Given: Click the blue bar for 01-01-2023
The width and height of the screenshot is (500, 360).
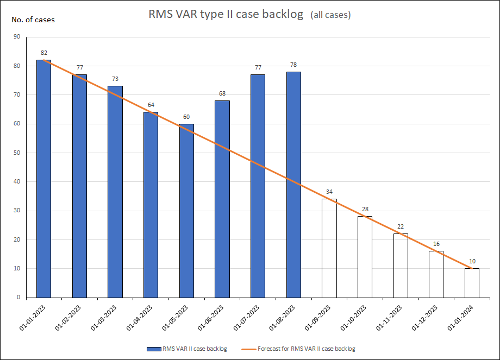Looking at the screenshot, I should point(43,179).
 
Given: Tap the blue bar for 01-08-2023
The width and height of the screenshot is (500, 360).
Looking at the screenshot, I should point(293,185).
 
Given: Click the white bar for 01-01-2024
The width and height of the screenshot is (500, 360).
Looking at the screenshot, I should point(472,283).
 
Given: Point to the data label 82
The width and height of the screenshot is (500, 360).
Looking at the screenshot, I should point(43,53).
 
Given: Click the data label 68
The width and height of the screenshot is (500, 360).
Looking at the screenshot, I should point(222,94).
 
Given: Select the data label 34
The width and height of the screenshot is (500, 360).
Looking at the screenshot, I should point(329,192).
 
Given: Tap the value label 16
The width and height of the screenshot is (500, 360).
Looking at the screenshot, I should point(436,244).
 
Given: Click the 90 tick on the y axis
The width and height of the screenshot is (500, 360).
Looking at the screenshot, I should point(17,37).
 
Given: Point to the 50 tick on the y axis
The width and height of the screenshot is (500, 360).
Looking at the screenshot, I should point(17,153).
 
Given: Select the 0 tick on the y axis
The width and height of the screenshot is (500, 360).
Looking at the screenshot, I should point(18,298).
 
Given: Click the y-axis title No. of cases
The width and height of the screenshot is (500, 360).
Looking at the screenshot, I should point(33,20).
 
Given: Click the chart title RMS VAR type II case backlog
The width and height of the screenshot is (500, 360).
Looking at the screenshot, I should point(226,14).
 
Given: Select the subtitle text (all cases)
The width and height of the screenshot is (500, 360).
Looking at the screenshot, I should point(330,15).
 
